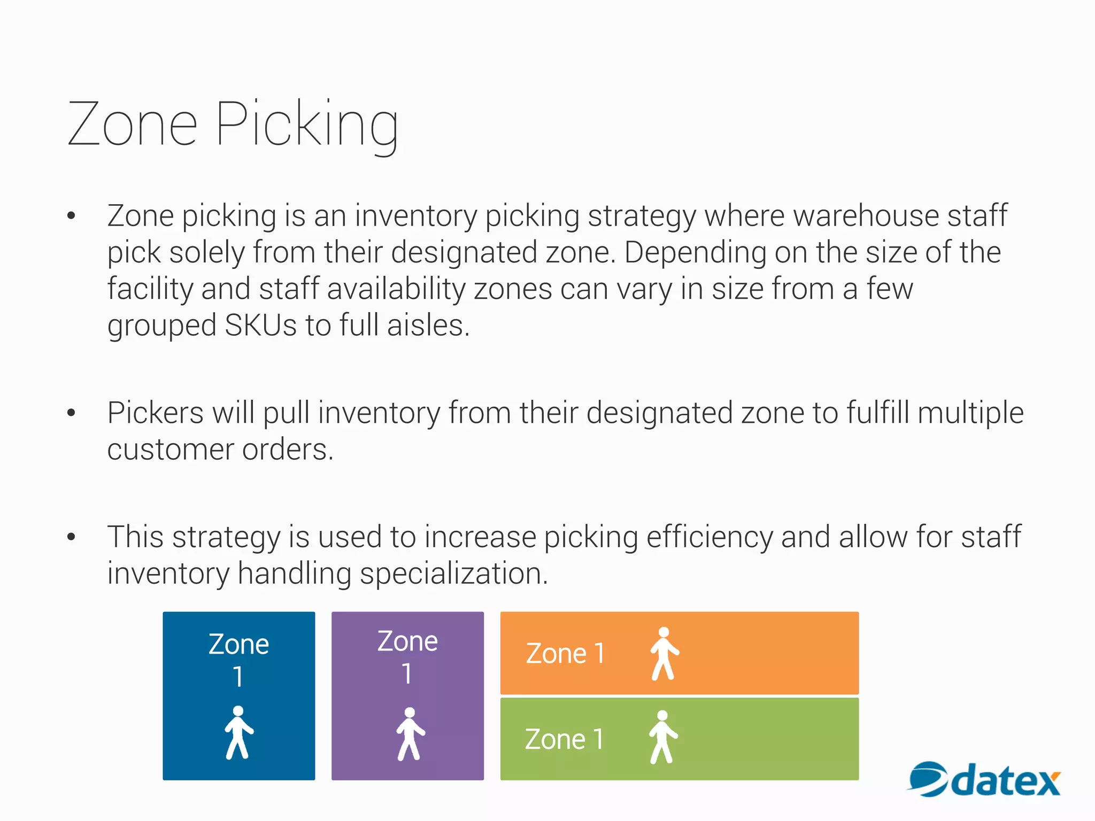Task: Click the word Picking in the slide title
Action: click(x=307, y=125)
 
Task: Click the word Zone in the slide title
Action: click(x=133, y=125)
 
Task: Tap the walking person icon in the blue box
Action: click(x=238, y=733)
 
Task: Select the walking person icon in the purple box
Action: click(x=410, y=734)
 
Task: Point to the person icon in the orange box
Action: click(x=664, y=654)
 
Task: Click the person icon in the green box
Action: click(x=663, y=737)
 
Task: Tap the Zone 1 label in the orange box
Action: click(x=565, y=654)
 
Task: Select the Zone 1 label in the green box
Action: click(x=564, y=740)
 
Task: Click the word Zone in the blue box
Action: click(x=238, y=645)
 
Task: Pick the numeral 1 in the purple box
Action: click(x=407, y=673)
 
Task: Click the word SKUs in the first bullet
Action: click(x=260, y=325)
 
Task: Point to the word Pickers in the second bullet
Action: click(x=156, y=413)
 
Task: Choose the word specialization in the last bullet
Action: click(x=453, y=574)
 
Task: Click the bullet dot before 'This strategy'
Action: click(x=71, y=537)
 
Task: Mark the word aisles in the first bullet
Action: click(x=428, y=325)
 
